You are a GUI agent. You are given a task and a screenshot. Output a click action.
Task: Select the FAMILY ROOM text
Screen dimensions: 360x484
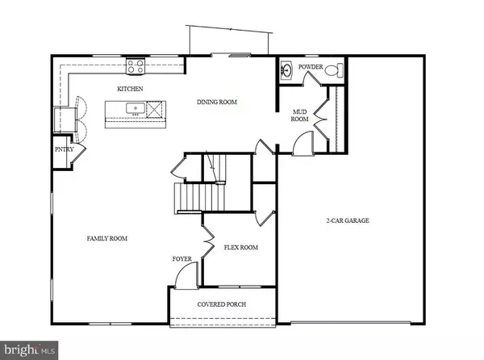[107, 238]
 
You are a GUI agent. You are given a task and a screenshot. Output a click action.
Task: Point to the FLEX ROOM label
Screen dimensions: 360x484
[240, 248]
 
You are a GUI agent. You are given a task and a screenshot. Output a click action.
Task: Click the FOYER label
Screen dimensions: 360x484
[181, 259]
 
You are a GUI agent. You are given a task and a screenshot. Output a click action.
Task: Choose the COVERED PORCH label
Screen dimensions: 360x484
[222, 304]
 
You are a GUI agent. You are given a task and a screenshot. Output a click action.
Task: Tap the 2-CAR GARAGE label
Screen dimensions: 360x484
[348, 220]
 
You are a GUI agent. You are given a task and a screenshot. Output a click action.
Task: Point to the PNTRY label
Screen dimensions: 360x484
[61, 150]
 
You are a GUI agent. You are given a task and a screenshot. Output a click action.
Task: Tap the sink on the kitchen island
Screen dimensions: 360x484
[136, 107]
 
